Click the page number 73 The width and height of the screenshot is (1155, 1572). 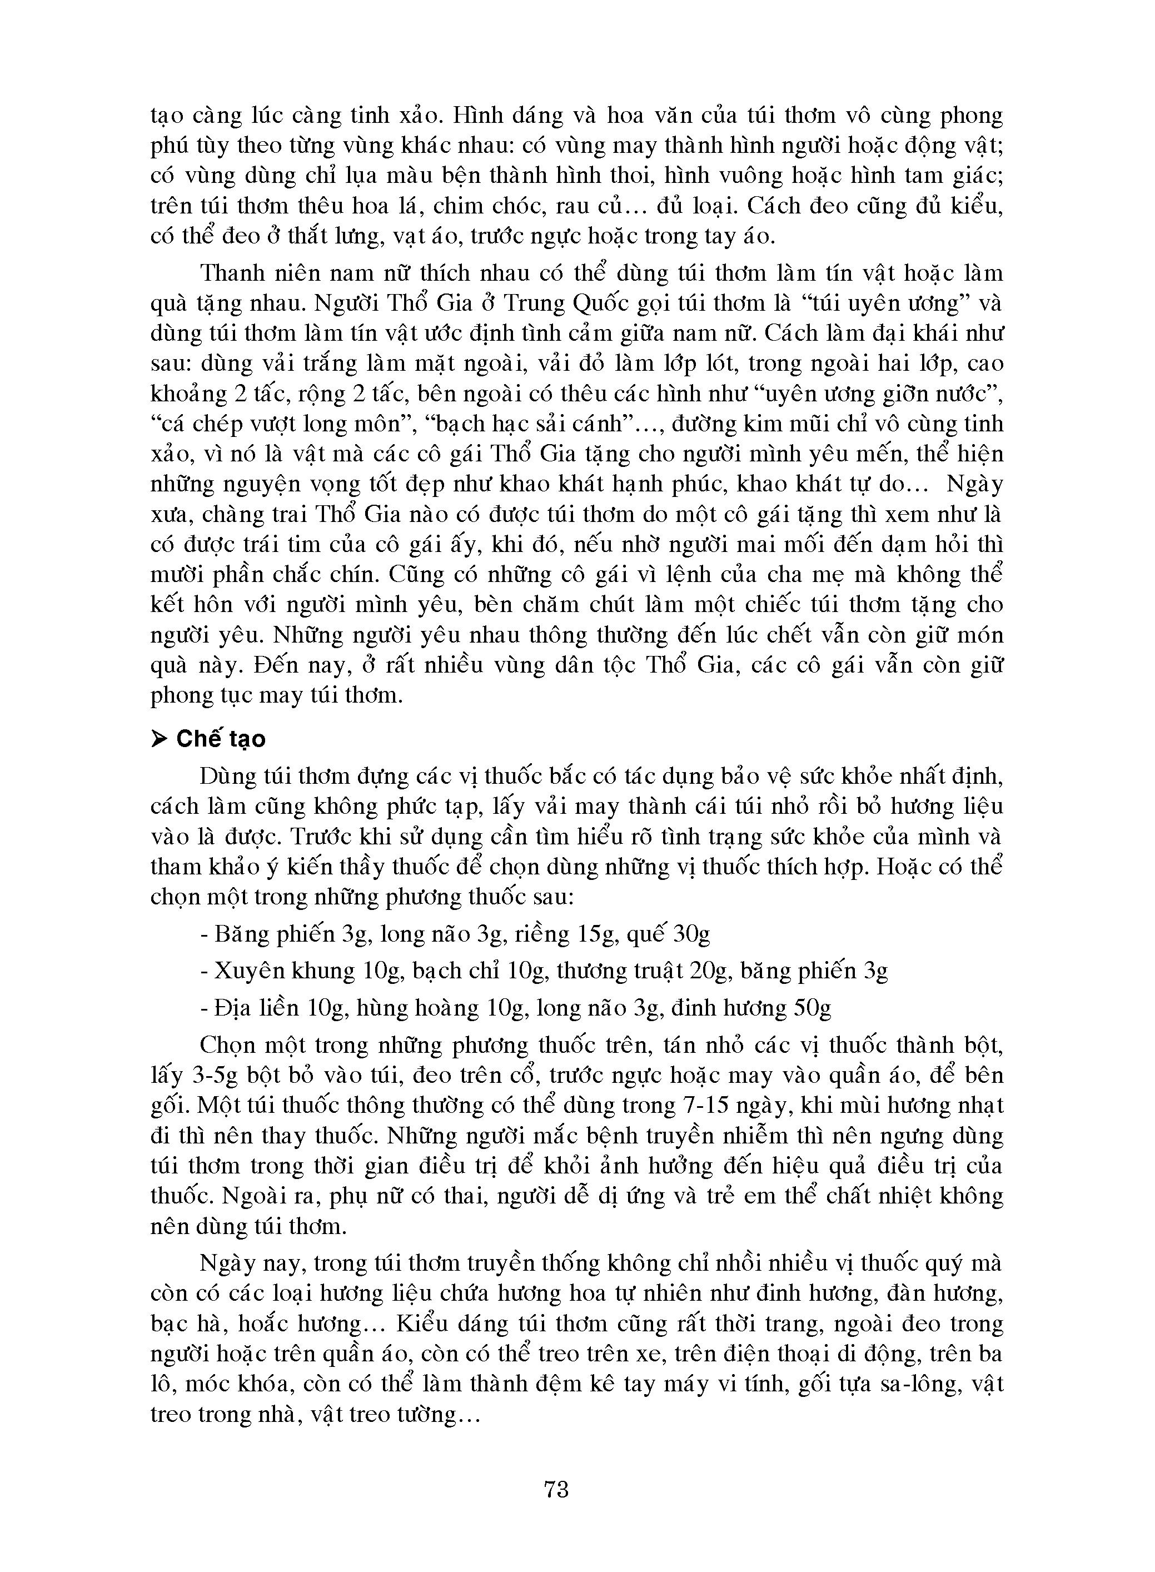[x=556, y=1490]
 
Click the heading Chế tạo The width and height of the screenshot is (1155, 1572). [x=221, y=740]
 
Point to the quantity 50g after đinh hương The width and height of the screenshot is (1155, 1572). [x=814, y=1008]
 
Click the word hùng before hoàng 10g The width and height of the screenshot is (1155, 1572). [x=379, y=1008]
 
